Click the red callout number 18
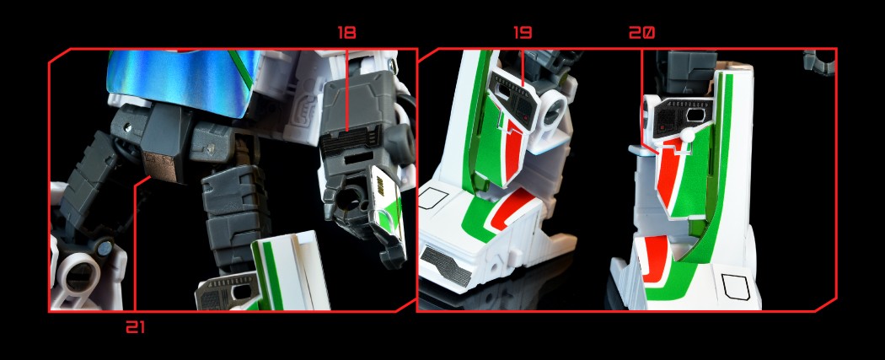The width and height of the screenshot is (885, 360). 346,33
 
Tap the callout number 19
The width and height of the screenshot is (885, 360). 523,33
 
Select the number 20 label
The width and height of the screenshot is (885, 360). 641,33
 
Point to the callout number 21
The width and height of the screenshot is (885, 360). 136,327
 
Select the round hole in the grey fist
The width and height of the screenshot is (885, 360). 349,201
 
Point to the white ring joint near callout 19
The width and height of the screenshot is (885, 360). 553,111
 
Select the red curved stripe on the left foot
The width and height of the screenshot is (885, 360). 513,209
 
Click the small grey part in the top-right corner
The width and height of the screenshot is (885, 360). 819,62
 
